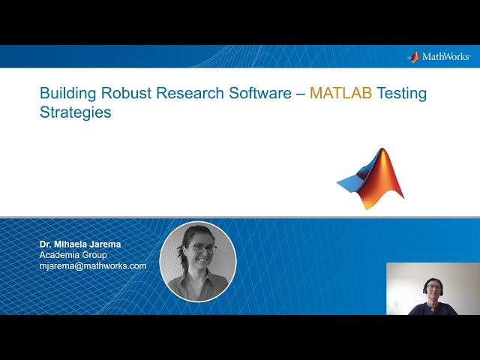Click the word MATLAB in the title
click(x=340, y=94)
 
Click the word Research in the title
click(x=190, y=94)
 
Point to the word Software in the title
click(x=259, y=94)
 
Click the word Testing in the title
click(x=401, y=94)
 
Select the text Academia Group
click(x=73, y=255)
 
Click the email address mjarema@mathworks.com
click(x=93, y=265)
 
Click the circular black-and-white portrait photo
click(x=198, y=260)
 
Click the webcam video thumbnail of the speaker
click(x=433, y=289)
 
